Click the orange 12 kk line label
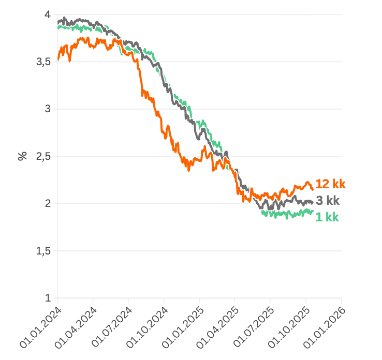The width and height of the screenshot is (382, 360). point(330,184)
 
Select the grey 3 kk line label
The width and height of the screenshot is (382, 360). point(328,201)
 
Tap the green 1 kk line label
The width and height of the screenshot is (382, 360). point(327,217)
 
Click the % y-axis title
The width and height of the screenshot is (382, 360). point(22,156)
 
